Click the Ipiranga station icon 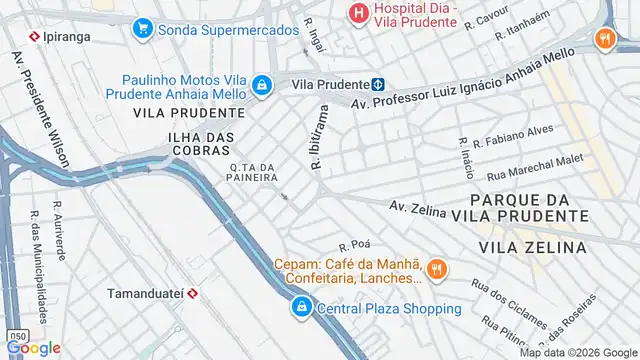pos(35,35)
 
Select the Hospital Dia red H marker pos(356,13)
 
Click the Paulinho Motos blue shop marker pos(262,86)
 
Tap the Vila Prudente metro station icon pos(378,86)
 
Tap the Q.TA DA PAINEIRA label pos(252,173)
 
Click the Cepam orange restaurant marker pos(436,268)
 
